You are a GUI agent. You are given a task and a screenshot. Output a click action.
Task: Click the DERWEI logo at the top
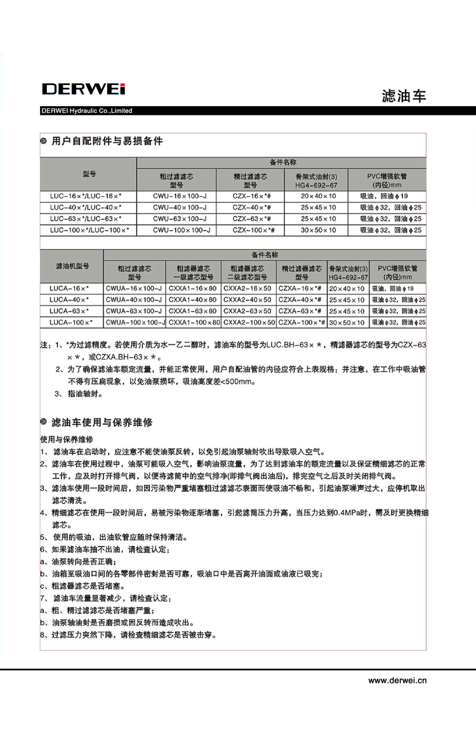(83, 89)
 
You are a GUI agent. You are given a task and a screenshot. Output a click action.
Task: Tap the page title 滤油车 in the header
(404, 96)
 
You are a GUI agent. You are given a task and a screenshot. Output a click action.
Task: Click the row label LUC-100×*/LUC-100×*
(89, 229)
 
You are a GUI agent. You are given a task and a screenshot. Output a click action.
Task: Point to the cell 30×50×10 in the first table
(318, 229)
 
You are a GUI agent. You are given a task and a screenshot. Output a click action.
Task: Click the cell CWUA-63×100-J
(134, 311)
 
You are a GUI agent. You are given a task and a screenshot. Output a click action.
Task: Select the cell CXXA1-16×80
(193, 288)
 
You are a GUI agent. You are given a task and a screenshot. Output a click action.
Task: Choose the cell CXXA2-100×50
(249, 323)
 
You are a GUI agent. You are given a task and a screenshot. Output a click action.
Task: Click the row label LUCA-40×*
(69, 300)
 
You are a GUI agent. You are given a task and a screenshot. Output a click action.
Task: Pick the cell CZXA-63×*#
(301, 311)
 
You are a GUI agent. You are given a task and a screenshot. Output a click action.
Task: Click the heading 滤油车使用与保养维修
(102, 422)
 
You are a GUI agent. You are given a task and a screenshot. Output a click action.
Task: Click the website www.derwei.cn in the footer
(397, 680)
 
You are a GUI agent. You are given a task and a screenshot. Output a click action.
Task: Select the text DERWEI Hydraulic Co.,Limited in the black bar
(86, 111)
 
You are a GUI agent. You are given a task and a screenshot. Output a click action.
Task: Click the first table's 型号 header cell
(89, 173)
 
